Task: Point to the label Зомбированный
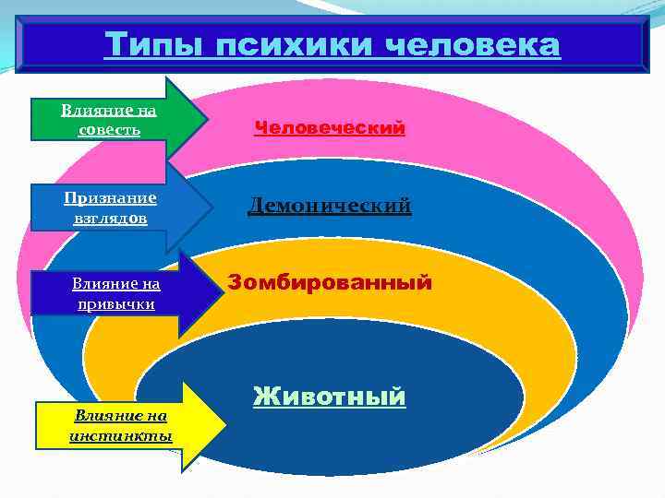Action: (x=329, y=281)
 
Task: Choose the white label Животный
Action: (x=329, y=397)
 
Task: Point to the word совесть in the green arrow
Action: (x=110, y=129)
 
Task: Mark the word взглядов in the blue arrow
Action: (x=110, y=218)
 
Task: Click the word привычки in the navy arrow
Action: (x=116, y=302)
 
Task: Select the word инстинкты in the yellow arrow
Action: (x=121, y=435)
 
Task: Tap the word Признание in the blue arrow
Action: (x=110, y=197)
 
